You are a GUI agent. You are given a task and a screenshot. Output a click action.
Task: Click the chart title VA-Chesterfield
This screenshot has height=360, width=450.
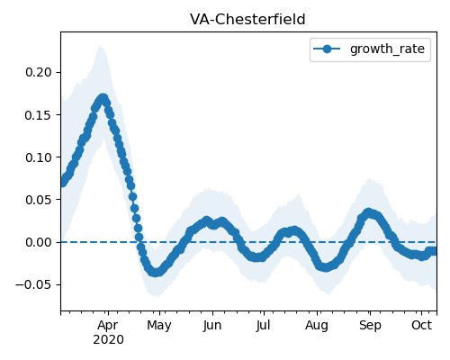247,20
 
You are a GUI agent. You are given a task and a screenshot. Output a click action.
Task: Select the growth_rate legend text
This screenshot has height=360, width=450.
387,49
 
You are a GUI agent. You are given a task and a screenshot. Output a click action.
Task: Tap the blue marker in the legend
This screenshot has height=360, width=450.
327,49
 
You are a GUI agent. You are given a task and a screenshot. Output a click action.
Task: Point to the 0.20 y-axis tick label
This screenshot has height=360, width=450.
39,72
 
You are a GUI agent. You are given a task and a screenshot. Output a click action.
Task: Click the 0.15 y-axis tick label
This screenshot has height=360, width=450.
39,115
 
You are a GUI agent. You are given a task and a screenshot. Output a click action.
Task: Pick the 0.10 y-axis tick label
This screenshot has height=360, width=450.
39,157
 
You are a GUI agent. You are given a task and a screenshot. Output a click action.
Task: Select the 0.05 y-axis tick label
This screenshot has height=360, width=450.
39,200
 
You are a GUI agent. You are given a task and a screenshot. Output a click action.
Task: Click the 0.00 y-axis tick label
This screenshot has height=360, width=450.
39,242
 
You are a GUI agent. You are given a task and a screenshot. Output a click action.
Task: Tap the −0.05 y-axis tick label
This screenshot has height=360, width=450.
33,284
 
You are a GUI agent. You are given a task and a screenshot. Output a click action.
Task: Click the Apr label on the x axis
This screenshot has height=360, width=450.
108,326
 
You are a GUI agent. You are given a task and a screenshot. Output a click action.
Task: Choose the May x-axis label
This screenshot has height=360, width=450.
159,326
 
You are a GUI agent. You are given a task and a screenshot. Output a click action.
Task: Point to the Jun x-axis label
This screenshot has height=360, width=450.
212,326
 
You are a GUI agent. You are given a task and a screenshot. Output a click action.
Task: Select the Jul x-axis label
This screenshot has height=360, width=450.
263,326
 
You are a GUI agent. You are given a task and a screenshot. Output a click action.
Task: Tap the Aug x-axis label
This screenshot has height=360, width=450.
317,326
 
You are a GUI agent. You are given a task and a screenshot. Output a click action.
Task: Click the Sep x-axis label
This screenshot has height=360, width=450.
370,326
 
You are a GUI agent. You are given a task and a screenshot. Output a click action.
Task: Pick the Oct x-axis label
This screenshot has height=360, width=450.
422,325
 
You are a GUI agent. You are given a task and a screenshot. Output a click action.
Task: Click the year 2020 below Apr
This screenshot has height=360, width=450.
108,340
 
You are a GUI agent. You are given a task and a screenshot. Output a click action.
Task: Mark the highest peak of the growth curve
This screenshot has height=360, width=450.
103,98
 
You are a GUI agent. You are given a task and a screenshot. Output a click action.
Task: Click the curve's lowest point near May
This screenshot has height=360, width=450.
155,273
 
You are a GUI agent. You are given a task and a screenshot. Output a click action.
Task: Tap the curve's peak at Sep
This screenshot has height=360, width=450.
369,212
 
